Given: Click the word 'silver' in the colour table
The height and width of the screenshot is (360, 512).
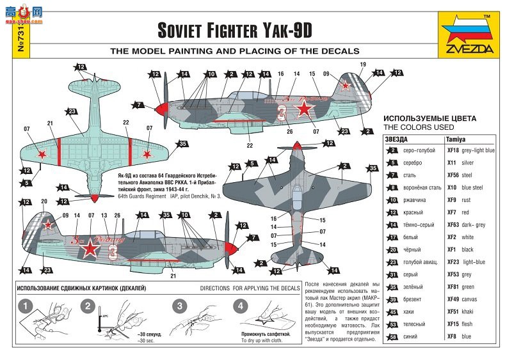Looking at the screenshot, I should [468, 162].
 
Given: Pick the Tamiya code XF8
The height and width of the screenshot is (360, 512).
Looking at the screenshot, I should [451, 336].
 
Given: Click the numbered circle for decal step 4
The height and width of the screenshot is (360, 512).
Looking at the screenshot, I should [241, 306].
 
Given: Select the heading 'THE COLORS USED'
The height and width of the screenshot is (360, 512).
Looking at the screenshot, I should [419, 127].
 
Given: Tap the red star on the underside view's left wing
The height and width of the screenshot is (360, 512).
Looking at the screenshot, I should [42, 153].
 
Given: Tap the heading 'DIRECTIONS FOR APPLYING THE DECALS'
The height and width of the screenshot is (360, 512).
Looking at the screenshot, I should [250, 289].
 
